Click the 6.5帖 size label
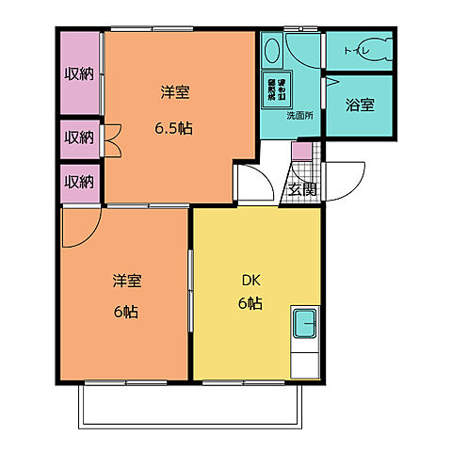pyautogui.click(x=173, y=127)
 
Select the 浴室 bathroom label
pyautogui.click(x=359, y=105)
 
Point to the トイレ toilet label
pyautogui.click(x=358, y=50)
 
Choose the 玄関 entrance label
pyautogui.click(x=302, y=189)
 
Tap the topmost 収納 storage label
pyautogui.click(x=79, y=73)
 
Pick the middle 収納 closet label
pyautogui.click(x=79, y=137)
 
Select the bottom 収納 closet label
pyautogui.click(x=79, y=181)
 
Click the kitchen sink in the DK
pyautogui.click(x=306, y=326)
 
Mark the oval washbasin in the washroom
pyautogui.click(x=271, y=49)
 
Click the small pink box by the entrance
pyautogui.click(x=299, y=151)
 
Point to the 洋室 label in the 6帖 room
pyautogui.click(x=127, y=281)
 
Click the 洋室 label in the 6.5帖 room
pyautogui.click(x=174, y=92)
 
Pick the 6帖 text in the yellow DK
pyautogui.click(x=250, y=304)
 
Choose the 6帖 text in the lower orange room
pyautogui.click(x=125, y=312)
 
